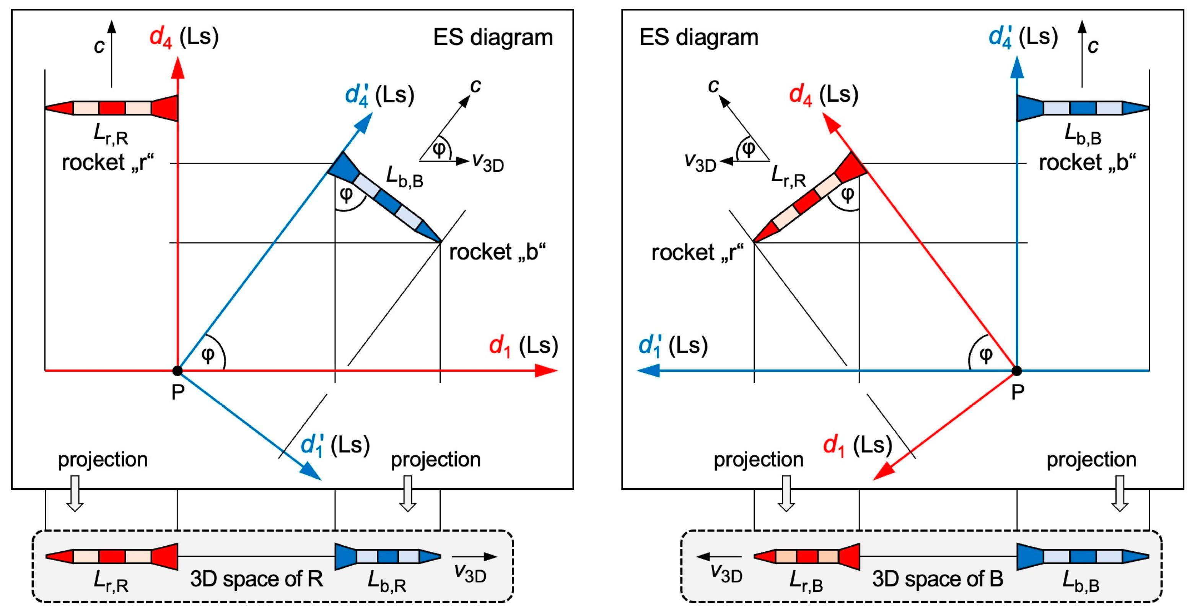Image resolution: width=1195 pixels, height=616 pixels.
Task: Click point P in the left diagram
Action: pyautogui.click(x=177, y=371)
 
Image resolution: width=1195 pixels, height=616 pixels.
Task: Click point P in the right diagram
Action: pyautogui.click(x=1016, y=371)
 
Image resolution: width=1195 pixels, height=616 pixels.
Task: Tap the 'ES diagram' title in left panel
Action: pyautogui.click(x=493, y=37)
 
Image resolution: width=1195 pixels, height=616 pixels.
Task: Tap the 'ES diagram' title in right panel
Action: pyautogui.click(x=698, y=37)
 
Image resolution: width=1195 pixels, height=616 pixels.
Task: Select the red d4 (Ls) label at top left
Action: pyautogui.click(x=184, y=37)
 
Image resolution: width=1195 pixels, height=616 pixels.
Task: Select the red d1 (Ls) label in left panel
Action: pyautogui.click(x=523, y=346)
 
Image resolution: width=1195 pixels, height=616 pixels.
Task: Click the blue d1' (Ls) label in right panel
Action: pyautogui.click(x=672, y=346)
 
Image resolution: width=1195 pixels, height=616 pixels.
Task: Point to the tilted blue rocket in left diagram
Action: pyautogui.click(x=385, y=198)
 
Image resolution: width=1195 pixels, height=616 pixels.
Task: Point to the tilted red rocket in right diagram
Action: pyautogui.click(x=809, y=198)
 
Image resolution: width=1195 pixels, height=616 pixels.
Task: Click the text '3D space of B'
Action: pyautogui.click(x=938, y=579)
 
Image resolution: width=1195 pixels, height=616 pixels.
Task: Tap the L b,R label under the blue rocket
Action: pyautogui.click(x=386, y=582)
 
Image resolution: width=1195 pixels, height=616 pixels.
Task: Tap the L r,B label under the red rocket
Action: pyautogui.click(x=806, y=582)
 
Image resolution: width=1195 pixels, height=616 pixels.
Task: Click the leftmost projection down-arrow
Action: pyautogui.click(x=75, y=493)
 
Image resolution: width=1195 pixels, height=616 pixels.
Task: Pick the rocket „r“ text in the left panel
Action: pyautogui.click(x=107, y=163)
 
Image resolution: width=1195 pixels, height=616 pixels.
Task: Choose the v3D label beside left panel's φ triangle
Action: pyautogui.click(x=488, y=163)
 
